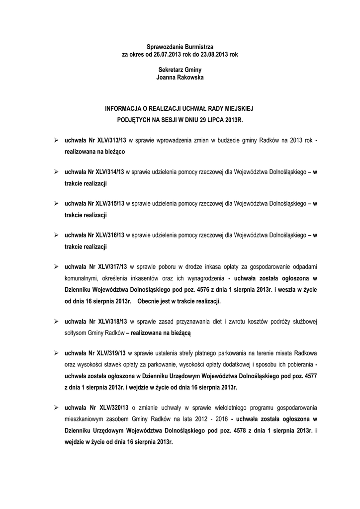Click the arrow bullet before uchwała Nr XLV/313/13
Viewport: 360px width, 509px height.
(x=56, y=141)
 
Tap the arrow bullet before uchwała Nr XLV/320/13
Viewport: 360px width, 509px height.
(x=56, y=407)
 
